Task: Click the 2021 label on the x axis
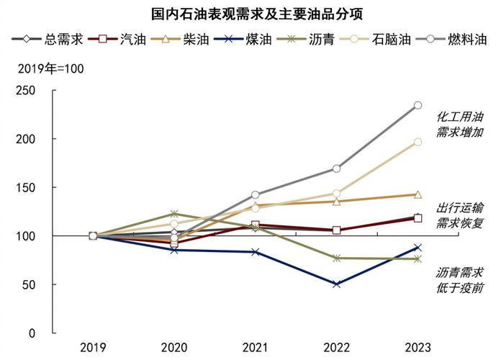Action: (255, 348)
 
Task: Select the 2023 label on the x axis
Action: (418, 348)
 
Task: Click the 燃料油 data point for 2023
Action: (418, 105)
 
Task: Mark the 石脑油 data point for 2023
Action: (418, 142)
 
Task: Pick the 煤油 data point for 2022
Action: (336, 284)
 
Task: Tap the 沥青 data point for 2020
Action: (173, 214)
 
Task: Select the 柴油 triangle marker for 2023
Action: (418, 194)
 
